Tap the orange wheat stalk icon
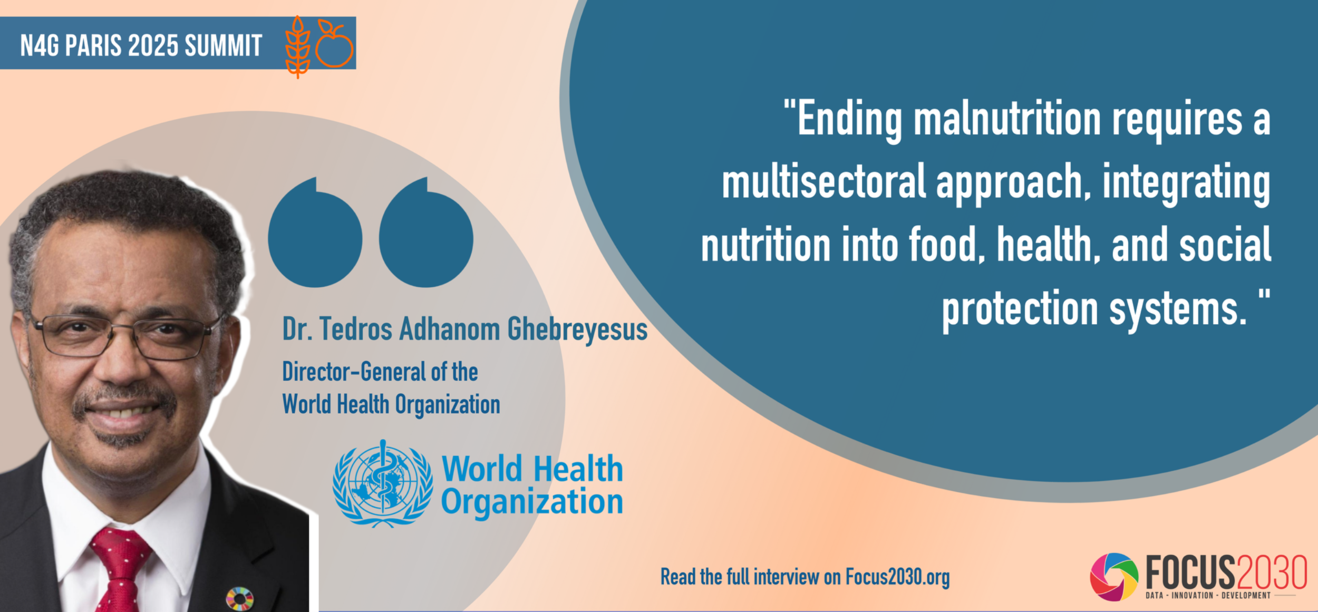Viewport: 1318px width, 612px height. [x=298, y=47]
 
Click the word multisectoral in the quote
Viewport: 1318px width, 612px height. [x=824, y=181]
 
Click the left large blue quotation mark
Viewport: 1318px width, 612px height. [x=315, y=232]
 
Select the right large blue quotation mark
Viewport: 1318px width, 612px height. [x=426, y=232]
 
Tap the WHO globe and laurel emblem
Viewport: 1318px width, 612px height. [x=383, y=483]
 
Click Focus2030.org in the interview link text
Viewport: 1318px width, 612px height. [x=897, y=577]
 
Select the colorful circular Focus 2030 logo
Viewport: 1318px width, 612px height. [x=1114, y=577]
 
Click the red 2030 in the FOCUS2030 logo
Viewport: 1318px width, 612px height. [x=1272, y=572]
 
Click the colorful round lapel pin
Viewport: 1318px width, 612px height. [x=240, y=599]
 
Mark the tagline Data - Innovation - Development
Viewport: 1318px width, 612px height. [x=1208, y=596]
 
